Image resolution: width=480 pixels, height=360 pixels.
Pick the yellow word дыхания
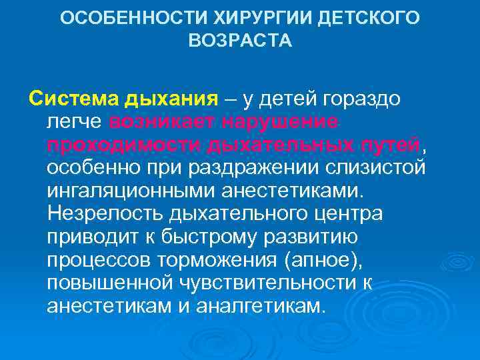click(x=170, y=100)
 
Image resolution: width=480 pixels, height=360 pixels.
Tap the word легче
click(x=75, y=123)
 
